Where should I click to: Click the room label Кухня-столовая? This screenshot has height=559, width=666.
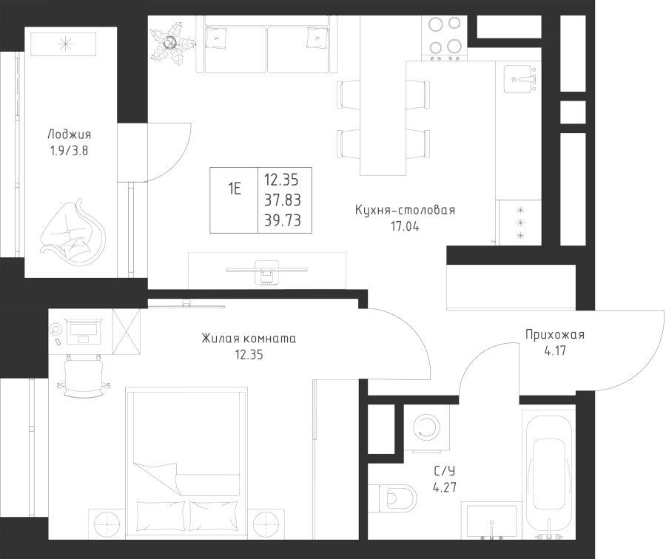[x=404, y=211]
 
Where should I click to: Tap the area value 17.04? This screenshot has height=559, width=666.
[x=404, y=227]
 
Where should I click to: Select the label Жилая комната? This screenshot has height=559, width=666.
[x=248, y=339]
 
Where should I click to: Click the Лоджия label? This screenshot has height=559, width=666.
[x=69, y=135]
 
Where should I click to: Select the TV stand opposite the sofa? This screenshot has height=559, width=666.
[x=266, y=270]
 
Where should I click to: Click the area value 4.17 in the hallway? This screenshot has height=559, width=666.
[x=555, y=352]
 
